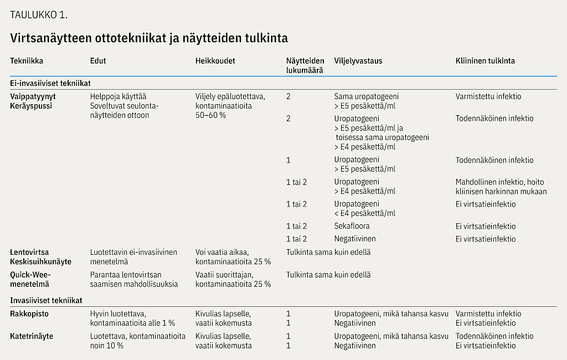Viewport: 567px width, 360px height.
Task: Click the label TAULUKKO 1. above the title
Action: [x=39, y=14]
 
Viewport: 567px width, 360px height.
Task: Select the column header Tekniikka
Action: [x=27, y=61]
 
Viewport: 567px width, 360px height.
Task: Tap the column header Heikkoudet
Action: [x=215, y=61]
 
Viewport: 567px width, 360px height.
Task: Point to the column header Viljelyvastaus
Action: [x=358, y=61]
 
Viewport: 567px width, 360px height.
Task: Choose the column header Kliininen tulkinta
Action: [x=485, y=61]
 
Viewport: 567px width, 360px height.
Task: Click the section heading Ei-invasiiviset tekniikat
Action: [x=50, y=83]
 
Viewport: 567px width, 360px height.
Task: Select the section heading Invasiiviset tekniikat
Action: [x=46, y=300]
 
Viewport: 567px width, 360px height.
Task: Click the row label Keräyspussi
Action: [x=31, y=106]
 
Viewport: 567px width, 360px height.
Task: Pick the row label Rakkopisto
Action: [x=29, y=313]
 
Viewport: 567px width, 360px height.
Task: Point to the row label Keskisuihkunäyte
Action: [x=40, y=261]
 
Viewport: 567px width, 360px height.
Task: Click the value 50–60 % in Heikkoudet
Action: [x=211, y=115]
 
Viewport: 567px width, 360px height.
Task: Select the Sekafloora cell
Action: [x=352, y=226]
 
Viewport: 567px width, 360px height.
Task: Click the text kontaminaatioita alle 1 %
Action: [x=132, y=323]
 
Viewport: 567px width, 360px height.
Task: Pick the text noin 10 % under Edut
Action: [x=107, y=346]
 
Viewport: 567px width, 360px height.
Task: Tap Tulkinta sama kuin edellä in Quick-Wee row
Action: [x=328, y=274]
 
